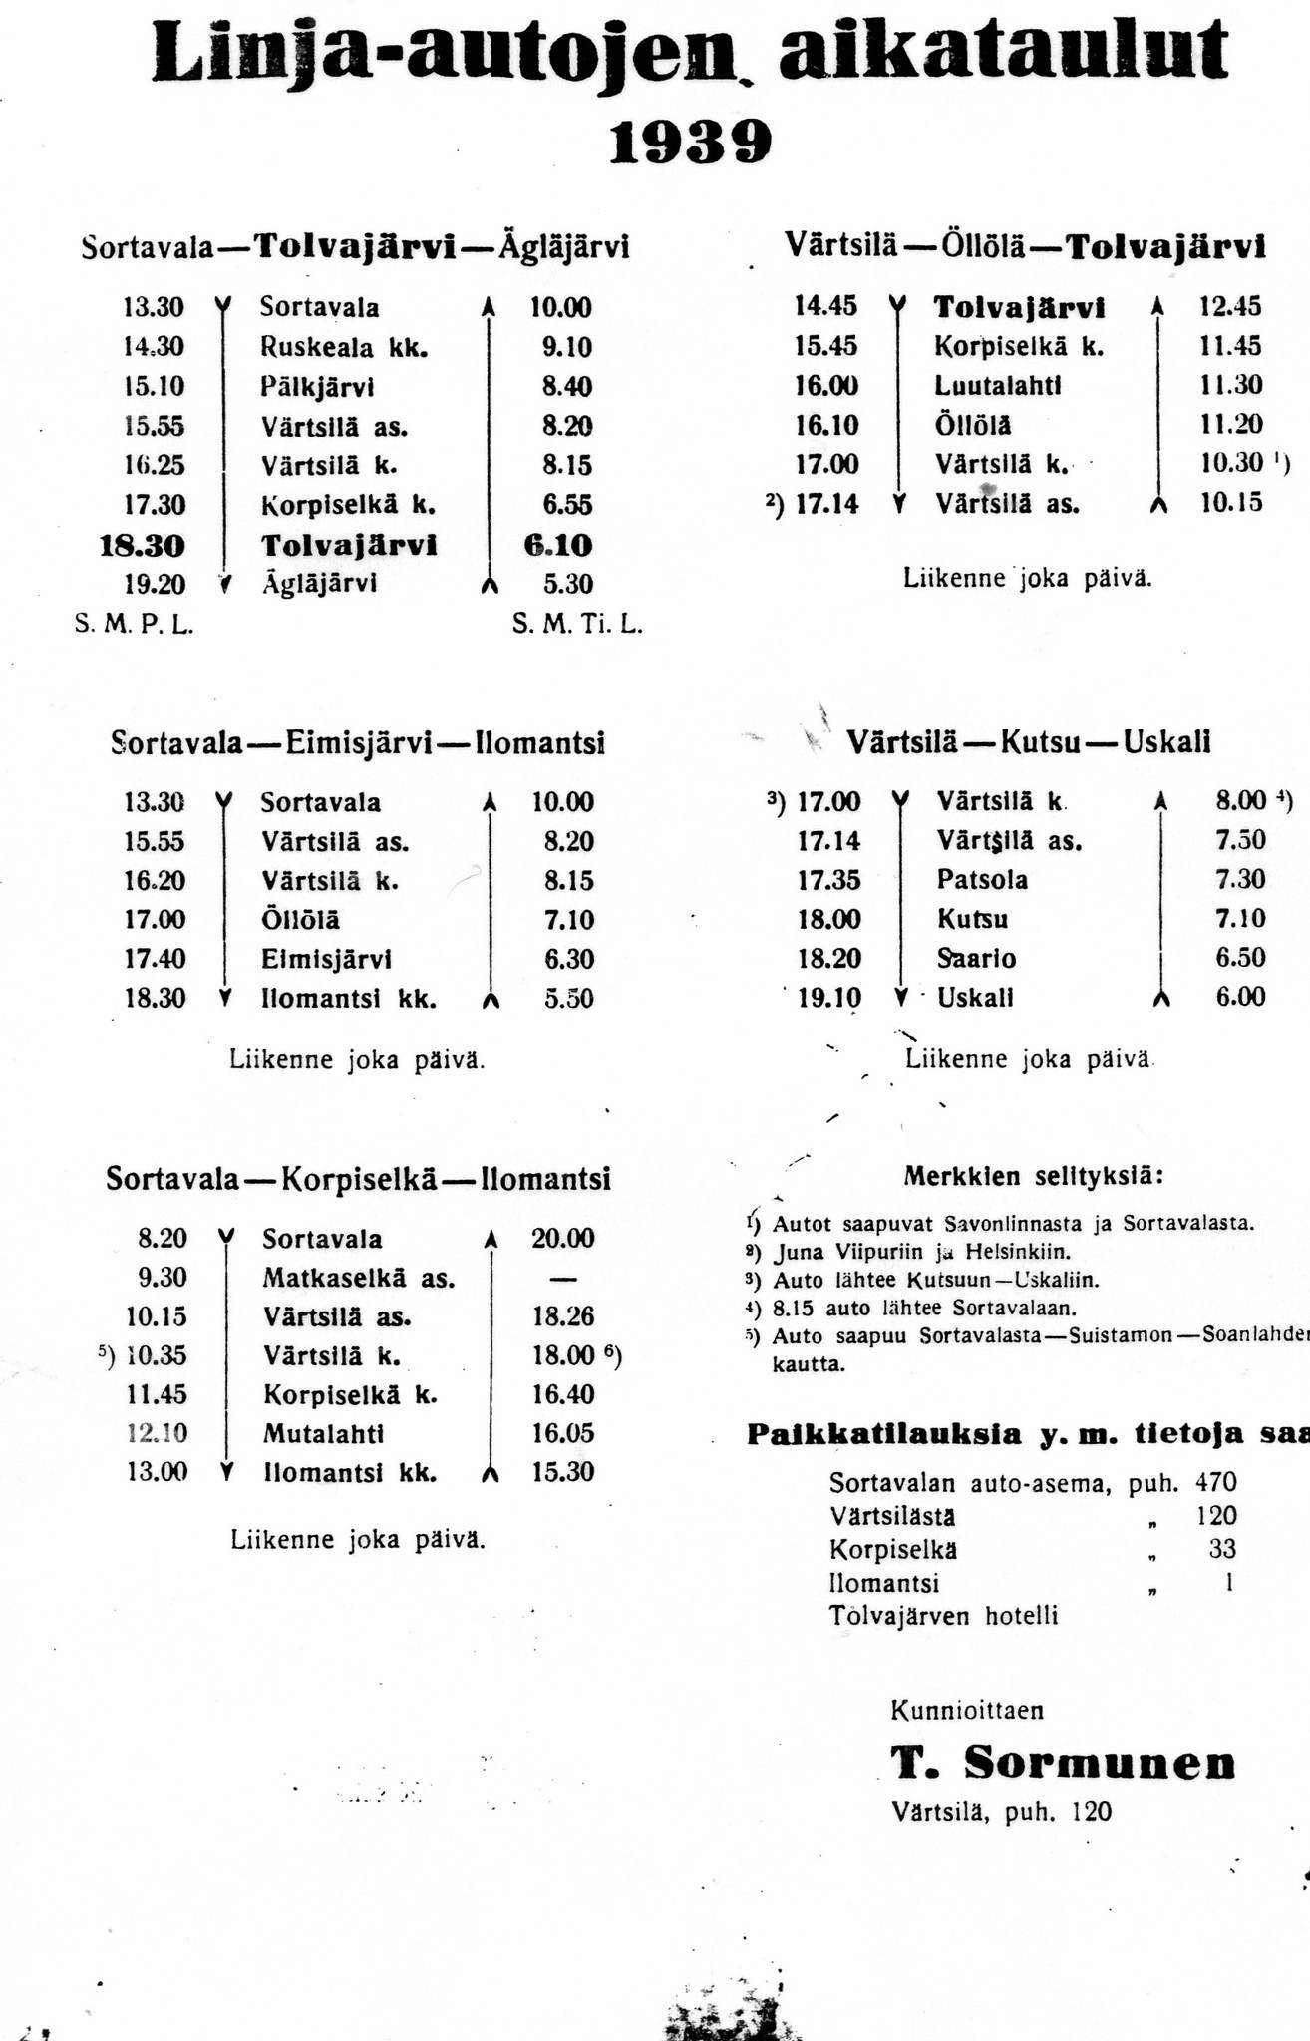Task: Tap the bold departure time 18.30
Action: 143,546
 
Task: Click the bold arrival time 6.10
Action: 558,546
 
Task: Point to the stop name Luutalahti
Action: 998,385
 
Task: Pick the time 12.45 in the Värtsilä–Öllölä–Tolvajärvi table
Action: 1230,306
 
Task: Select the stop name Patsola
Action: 982,880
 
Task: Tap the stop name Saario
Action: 976,959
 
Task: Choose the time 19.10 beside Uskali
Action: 828,998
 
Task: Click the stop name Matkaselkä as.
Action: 359,1278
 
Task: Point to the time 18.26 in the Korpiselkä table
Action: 562,1316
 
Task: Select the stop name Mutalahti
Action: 323,1434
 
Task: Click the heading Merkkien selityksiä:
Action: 1033,1176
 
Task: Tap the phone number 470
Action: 1215,1483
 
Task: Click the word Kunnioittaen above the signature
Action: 967,1711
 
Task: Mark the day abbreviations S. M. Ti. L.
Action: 577,626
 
